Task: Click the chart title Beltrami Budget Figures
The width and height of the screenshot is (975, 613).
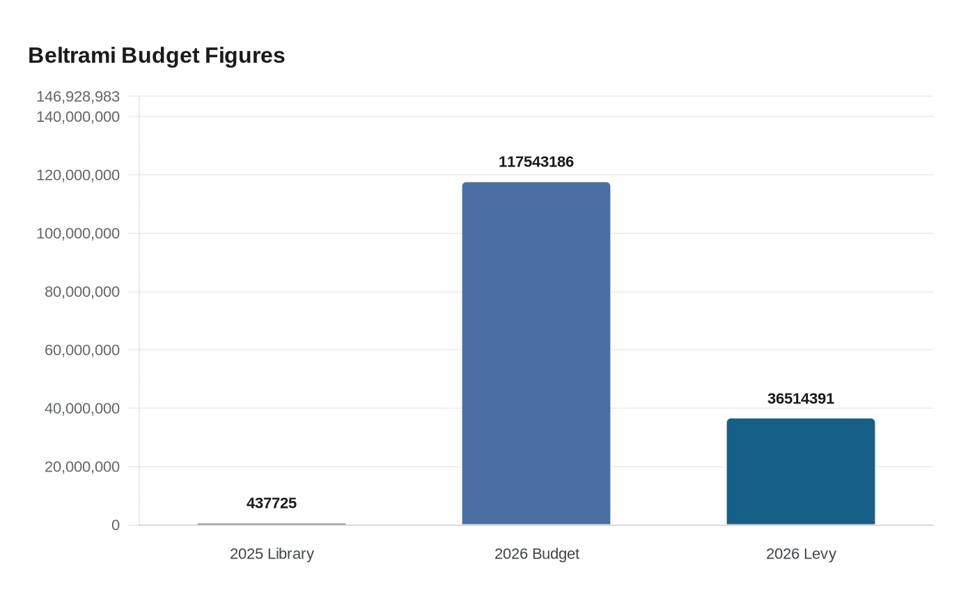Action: (x=157, y=56)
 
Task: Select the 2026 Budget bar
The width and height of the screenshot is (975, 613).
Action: (x=536, y=353)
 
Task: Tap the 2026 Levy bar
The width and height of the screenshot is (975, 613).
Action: (x=801, y=472)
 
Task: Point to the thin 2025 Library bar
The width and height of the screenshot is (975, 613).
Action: (x=272, y=524)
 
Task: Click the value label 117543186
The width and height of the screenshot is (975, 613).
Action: (x=536, y=162)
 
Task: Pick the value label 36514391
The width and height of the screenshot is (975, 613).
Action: (x=801, y=399)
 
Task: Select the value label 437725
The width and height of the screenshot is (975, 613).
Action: (x=272, y=504)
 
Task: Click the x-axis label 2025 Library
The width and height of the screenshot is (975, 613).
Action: (x=272, y=554)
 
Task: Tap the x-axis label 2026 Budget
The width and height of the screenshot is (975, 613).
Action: (x=536, y=554)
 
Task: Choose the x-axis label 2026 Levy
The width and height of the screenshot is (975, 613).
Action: (x=801, y=554)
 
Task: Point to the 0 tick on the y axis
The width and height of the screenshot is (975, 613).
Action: (x=116, y=525)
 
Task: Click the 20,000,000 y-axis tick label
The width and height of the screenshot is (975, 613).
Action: (x=82, y=467)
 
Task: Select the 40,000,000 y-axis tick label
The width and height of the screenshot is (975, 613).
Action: (x=82, y=408)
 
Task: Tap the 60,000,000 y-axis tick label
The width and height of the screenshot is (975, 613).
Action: (x=82, y=350)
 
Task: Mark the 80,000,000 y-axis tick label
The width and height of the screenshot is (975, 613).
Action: (x=82, y=292)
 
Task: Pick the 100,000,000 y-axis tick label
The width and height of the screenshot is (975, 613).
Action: (x=78, y=233)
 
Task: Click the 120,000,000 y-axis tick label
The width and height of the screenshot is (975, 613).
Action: (x=78, y=175)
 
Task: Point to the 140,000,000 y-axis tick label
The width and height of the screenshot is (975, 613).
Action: (x=78, y=117)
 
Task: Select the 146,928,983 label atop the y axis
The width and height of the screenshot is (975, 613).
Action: (x=78, y=96)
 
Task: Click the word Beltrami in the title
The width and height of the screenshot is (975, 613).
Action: (x=72, y=56)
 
